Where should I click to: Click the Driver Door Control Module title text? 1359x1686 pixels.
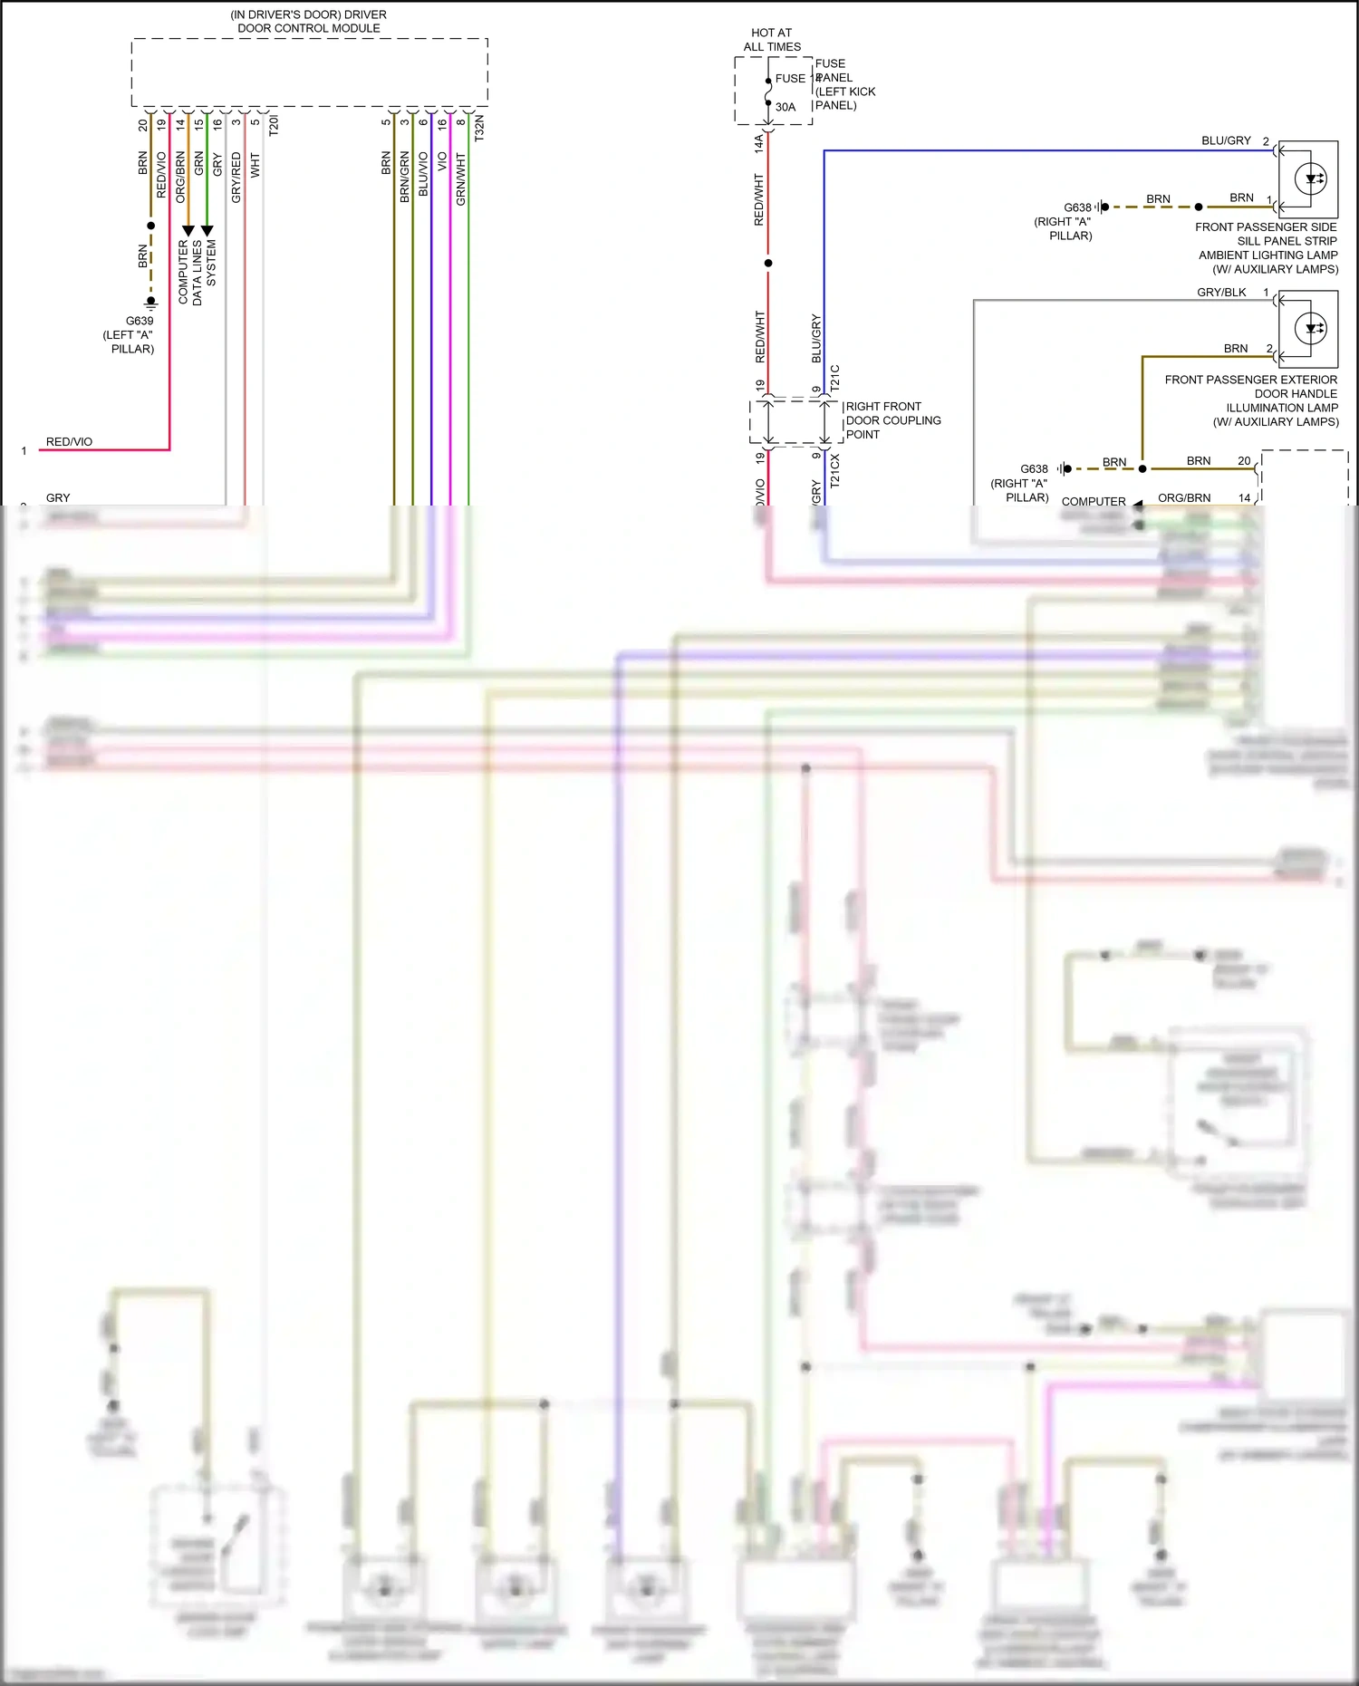(308, 22)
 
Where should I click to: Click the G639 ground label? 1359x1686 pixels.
(140, 321)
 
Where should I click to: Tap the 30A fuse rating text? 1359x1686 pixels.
(785, 107)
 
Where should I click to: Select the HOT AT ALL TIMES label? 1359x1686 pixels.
(771, 40)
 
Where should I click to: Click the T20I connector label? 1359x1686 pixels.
(274, 125)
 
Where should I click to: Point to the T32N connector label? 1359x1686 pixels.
(479, 127)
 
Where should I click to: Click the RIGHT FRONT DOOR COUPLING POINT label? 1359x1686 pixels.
(892, 420)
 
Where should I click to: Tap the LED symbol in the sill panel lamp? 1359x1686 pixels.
(1310, 178)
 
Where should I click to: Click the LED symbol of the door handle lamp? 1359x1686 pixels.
(1310, 328)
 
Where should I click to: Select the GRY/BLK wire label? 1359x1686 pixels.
(1220, 293)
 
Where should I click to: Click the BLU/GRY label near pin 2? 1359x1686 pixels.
(1225, 141)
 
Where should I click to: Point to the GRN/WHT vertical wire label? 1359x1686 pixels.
(461, 178)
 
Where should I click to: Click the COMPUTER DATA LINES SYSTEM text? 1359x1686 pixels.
(197, 271)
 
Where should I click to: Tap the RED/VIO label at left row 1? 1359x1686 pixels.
(69, 442)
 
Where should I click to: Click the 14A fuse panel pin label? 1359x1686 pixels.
(759, 143)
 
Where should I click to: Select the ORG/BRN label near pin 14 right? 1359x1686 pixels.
(1183, 498)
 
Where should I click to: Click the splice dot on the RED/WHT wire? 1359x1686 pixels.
(768, 263)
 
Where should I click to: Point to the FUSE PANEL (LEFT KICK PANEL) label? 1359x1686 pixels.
(844, 84)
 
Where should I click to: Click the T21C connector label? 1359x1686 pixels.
(834, 378)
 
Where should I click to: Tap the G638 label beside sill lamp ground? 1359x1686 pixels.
(1077, 207)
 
